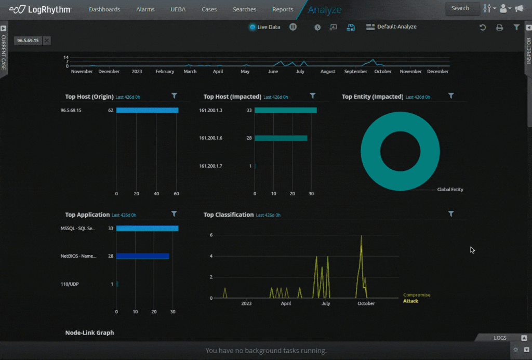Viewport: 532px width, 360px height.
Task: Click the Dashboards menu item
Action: coord(104,9)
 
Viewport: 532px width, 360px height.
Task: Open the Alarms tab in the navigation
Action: coord(145,9)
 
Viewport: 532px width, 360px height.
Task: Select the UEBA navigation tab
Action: coord(178,9)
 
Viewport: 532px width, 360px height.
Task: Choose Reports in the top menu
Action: coord(283,9)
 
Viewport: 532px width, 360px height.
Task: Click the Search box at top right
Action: coord(462,8)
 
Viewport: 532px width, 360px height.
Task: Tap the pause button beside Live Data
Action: coord(293,27)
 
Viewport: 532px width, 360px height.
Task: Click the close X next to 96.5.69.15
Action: coord(47,41)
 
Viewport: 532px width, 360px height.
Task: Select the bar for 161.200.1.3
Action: coord(285,110)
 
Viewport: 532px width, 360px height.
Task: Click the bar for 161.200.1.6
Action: coord(281,138)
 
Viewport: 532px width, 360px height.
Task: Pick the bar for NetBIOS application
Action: coord(142,256)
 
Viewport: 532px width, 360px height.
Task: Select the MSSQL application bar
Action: coord(147,228)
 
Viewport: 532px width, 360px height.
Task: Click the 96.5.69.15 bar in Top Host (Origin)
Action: coord(147,110)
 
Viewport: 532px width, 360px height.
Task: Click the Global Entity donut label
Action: coord(450,190)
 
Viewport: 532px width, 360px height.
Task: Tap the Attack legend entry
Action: coord(410,301)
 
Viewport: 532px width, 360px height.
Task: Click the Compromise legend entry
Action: coord(417,295)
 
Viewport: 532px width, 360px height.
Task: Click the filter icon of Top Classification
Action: coord(451,214)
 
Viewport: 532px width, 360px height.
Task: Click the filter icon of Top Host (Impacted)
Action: coord(313,96)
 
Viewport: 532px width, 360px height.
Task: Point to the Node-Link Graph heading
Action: coord(89,332)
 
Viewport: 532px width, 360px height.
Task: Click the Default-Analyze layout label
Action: coord(396,27)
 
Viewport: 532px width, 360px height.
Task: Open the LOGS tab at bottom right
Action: coord(500,338)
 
